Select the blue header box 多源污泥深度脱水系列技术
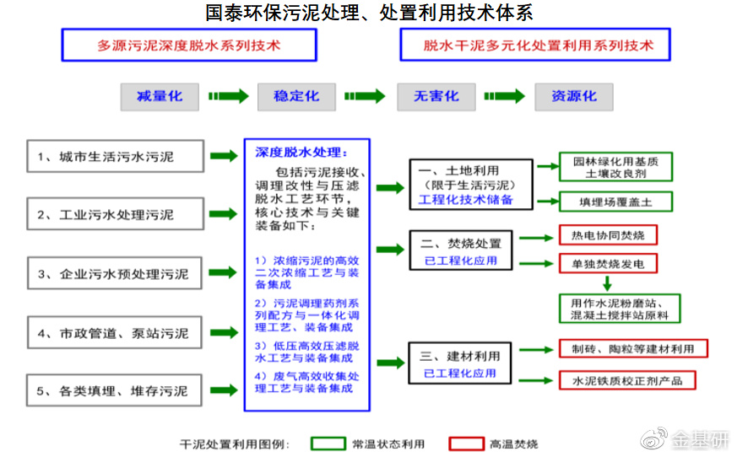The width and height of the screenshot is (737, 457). pyautogui.click(x=189, y=46)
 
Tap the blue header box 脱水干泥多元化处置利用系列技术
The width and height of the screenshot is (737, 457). pyautogui.click(x=537, y=46)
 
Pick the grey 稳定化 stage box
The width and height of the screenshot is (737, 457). pyautogui.click(x=296, y=96)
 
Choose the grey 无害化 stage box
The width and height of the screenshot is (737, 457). pyautogui.click(x=436, y=96)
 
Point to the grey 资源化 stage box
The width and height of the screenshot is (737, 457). pyautogui.click(x=573, y=96)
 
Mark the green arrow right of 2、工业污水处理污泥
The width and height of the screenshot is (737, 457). pyautogui.click(x=224, y=215)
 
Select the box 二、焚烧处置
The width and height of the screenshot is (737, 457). pyautogui.click(x=460, y=251)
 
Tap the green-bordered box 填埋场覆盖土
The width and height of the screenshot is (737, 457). pyautogui.click(x=615, y=202)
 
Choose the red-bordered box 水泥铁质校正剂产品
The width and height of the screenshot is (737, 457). pyautogui.click(x=626, y=380)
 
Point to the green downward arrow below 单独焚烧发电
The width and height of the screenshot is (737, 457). pyautogui.click(x=606, y=283)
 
